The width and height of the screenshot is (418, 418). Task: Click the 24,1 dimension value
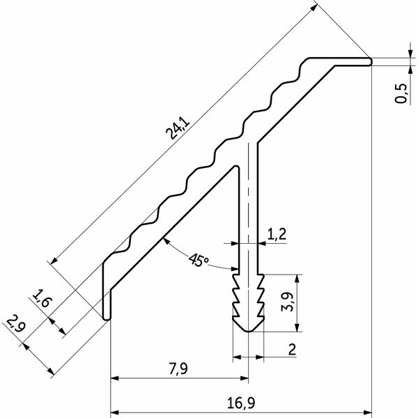(178, 129)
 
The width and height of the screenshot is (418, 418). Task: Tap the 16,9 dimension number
(241, 403)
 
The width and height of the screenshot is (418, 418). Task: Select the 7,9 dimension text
(178, 369)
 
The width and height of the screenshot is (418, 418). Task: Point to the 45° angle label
(199, 260)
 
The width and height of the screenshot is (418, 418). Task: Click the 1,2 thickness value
(277, 234)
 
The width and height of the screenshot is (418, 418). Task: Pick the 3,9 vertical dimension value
(287, 302)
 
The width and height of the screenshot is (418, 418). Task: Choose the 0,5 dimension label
(401, 93)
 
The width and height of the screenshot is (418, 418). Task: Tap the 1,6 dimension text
(42, 298)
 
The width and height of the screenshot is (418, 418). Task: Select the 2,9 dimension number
(16, 323)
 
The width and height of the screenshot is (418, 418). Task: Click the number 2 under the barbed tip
(292, 349)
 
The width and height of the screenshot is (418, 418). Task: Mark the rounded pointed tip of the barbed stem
(248, 332)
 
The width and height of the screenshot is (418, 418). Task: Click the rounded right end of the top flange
(370, 61)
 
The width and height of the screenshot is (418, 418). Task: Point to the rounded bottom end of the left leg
(107, 318)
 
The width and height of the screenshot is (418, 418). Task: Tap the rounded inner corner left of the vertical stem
(236, 167)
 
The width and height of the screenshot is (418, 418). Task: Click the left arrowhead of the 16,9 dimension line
(114, 412)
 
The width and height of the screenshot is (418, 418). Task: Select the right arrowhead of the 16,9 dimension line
(368, 412)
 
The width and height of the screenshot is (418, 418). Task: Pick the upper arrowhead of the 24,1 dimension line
(314, 8)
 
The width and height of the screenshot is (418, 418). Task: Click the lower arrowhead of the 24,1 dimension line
(54, 261)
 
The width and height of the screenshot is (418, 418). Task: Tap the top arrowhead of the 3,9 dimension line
(297, 278)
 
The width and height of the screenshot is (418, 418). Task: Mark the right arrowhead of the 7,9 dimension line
(245, 378)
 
